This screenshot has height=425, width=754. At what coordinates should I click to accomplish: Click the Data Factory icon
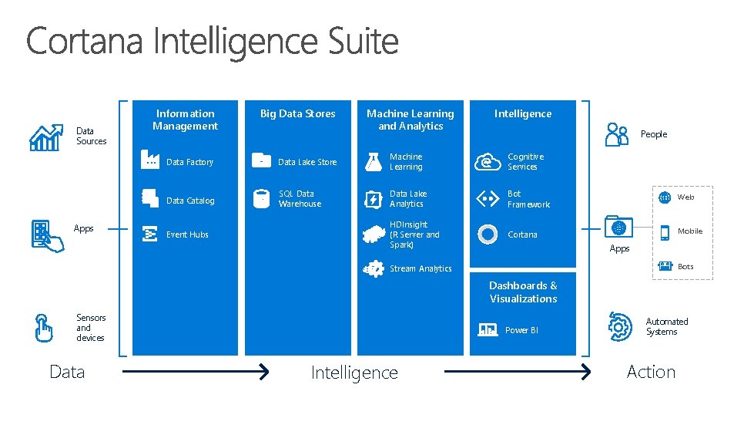(x=149, y=160)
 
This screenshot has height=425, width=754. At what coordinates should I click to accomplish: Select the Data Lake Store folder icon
(x=262, y=161)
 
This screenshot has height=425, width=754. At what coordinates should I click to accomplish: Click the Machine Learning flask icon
(x=374, y=161)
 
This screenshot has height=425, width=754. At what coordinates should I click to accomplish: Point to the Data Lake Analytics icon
(x=373, y=199)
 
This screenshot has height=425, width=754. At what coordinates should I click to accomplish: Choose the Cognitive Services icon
(x=488, y=161)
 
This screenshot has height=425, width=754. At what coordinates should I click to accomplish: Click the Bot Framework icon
(x=488, y=199)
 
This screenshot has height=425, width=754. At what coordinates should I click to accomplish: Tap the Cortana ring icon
(x=488, y=234)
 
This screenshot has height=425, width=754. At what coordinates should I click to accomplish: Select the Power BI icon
(x=488, y=329)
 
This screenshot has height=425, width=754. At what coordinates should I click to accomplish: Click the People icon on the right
(x=617, y=134)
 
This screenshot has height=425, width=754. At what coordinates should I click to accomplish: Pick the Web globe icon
(x=665, y=197)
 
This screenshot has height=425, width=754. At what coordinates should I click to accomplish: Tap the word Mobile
(x=689, y=231)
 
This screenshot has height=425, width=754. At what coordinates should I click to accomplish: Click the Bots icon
(x=664, y=266)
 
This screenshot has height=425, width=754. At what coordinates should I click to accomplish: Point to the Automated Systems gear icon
(x=619, y=326)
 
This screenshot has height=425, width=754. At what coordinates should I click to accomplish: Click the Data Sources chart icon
(x=45, y=137)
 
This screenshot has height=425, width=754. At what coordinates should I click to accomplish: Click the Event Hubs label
(x=187, y=234)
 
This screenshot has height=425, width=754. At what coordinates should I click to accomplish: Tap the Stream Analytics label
(x=421, y=269)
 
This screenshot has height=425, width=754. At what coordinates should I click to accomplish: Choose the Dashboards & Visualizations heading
(x=523, y=292)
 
